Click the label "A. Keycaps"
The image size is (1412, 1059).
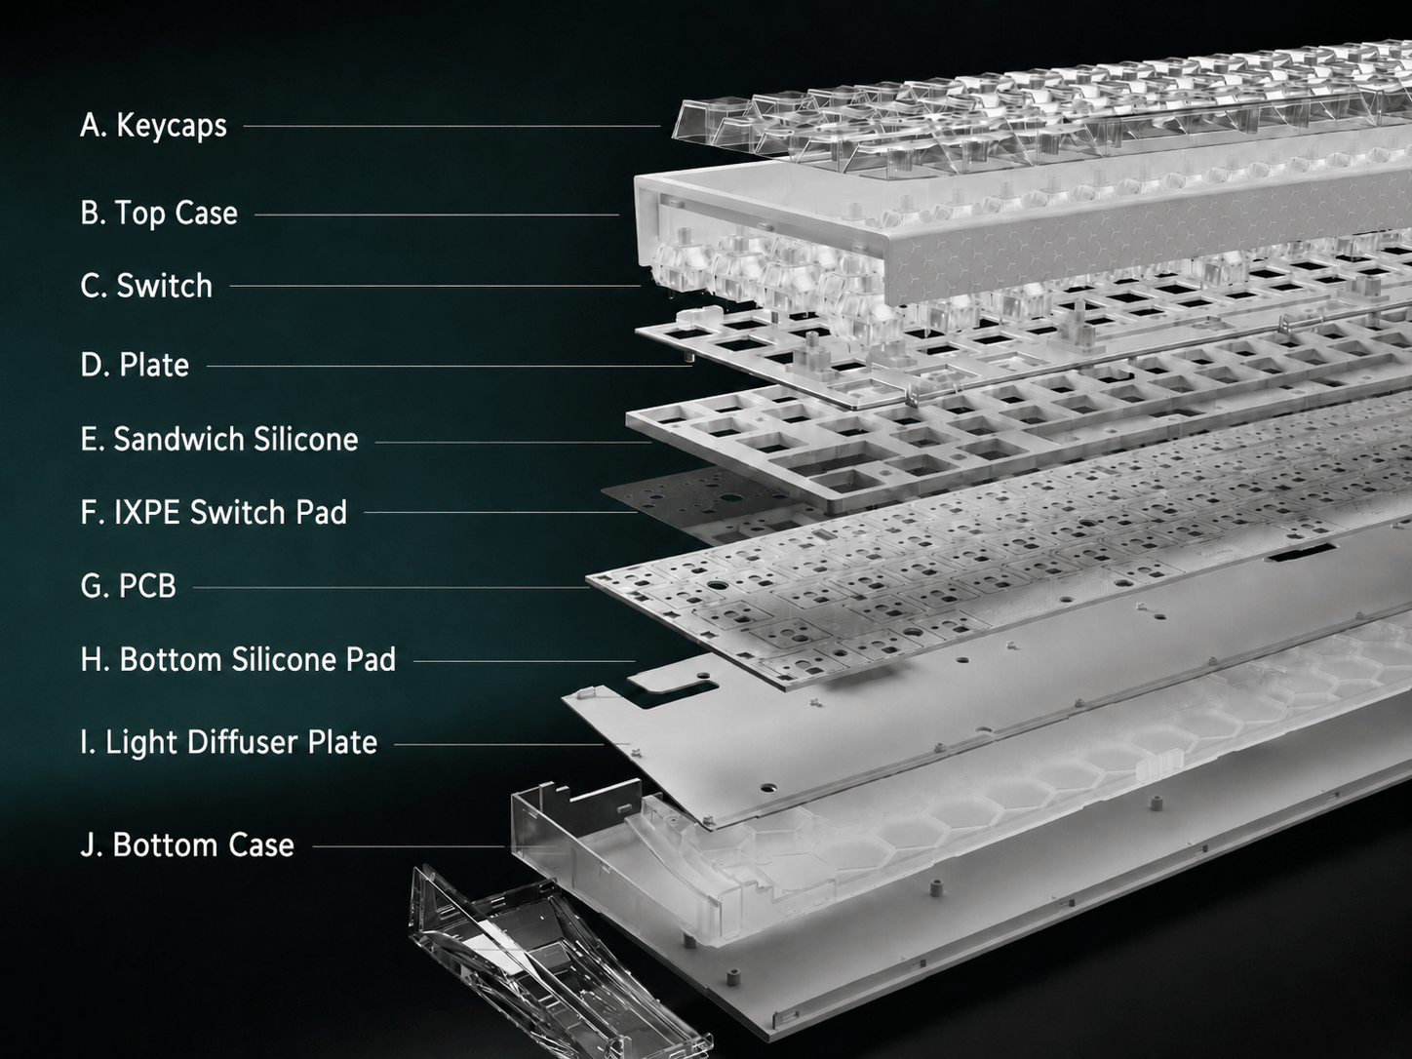(153, 126)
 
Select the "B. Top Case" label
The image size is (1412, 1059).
(159, 213)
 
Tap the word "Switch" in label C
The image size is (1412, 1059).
(164, 286)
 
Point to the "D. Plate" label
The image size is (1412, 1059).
(136, 365)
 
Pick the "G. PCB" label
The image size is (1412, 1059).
(128, 586)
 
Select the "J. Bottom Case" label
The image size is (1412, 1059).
(187, 844)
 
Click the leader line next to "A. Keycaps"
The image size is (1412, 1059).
(451, 126)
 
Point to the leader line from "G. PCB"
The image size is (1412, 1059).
(391, 587)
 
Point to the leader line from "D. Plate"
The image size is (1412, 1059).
(449, 366)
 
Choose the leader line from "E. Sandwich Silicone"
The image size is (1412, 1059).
(513, 443)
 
